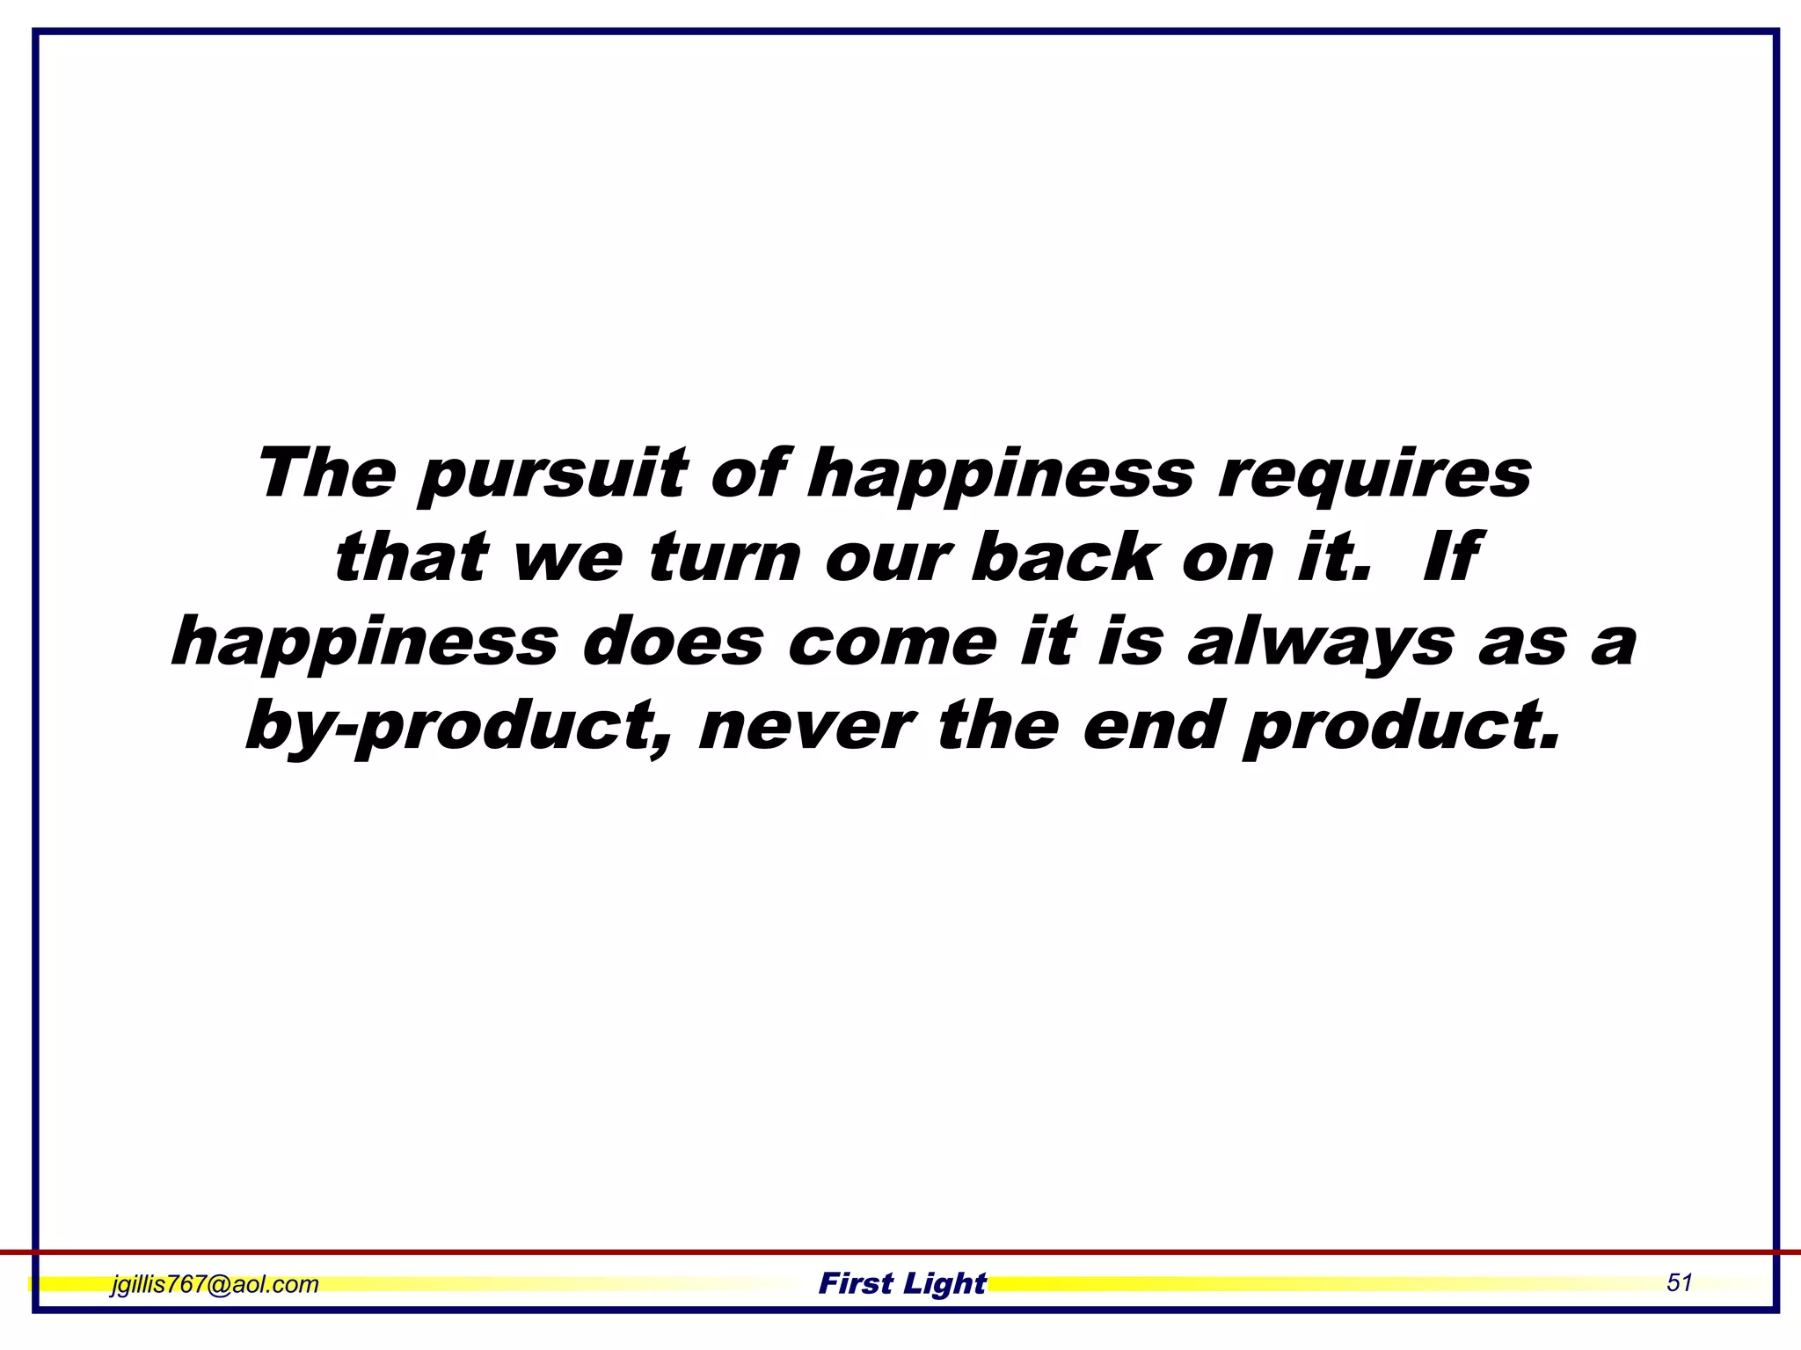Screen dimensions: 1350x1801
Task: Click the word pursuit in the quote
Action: coord(551,475)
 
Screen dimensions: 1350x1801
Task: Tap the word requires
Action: coord(1374,475)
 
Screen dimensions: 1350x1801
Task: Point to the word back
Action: coord(1063,558)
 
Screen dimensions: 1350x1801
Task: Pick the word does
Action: coord(672,642)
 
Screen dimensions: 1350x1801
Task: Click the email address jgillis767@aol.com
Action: coord(215,1284)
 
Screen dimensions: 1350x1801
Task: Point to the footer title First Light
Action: coord(902,1283)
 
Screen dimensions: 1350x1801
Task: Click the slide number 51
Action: coord(1679,1282)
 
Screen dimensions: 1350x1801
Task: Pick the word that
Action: coord(411,558)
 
